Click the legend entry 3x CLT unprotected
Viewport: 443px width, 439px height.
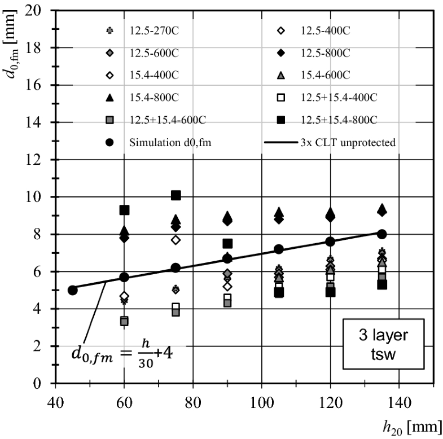pyautogui.click(x=330, y=142)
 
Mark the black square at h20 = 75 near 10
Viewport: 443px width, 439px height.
pyautogui.click(x=176, y=195)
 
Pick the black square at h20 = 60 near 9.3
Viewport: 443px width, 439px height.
pyautogui.click(x=124, y=210)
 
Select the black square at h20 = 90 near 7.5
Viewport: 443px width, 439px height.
pyautogui.click(x=227, y=243)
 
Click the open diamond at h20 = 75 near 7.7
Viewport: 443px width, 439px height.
pyautogui.click(x=176, y=240)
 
